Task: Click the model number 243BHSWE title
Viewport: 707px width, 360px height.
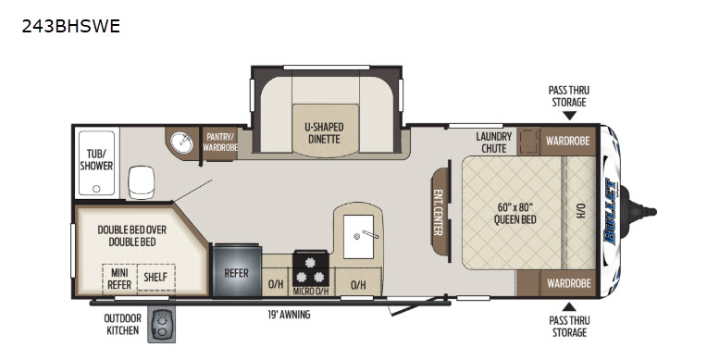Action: (x=70, y=26)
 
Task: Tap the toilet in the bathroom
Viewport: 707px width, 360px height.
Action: (x=142, y=182)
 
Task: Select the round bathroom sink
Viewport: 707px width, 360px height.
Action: (x=181, y=143)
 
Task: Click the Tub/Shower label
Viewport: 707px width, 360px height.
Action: (x=96, y=160)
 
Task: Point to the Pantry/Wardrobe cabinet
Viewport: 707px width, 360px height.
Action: (x=220, y=143)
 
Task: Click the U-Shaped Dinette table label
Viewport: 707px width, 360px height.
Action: (x=324, y=132)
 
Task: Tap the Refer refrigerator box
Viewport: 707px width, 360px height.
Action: (x=237, y=270)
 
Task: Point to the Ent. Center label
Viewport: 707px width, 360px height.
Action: (x=438, y=212)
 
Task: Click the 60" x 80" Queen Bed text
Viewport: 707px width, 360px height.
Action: (x=515, y=214)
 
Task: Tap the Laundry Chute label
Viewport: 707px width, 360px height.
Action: (x=494, y=143)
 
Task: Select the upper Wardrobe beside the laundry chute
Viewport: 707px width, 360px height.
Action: (x=567, y=141)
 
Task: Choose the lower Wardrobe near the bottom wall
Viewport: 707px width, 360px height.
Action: (x=568, y=283)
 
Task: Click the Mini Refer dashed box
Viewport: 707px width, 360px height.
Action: (x=119, y=279)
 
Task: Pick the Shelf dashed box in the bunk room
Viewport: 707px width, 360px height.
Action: (x=156, y=277)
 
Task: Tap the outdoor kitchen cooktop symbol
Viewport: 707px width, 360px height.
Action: (x=161, y=326)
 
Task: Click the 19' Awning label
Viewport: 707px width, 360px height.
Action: (x=289, y=315)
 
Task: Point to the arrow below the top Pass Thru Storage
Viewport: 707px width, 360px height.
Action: (x=569, y=116)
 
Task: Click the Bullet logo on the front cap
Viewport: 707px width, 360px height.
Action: (x=611, y=212)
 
